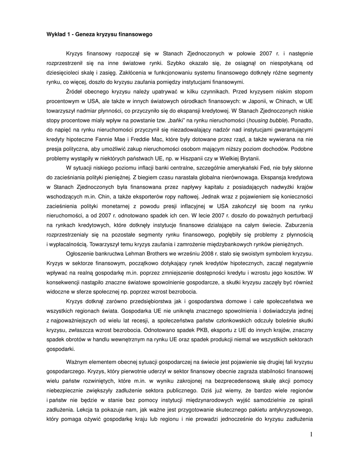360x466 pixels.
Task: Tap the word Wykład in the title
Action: (57, 34)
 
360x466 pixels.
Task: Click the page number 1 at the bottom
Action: (311, 435)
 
